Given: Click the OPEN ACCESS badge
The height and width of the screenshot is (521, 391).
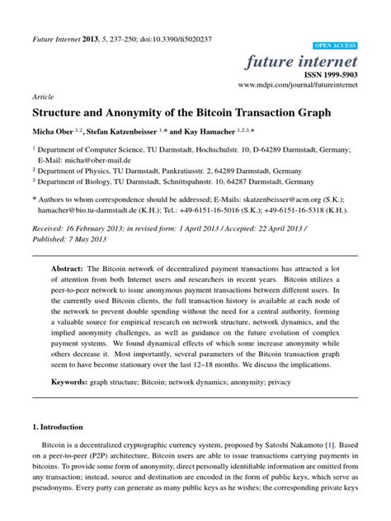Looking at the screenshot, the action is (336, 45).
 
